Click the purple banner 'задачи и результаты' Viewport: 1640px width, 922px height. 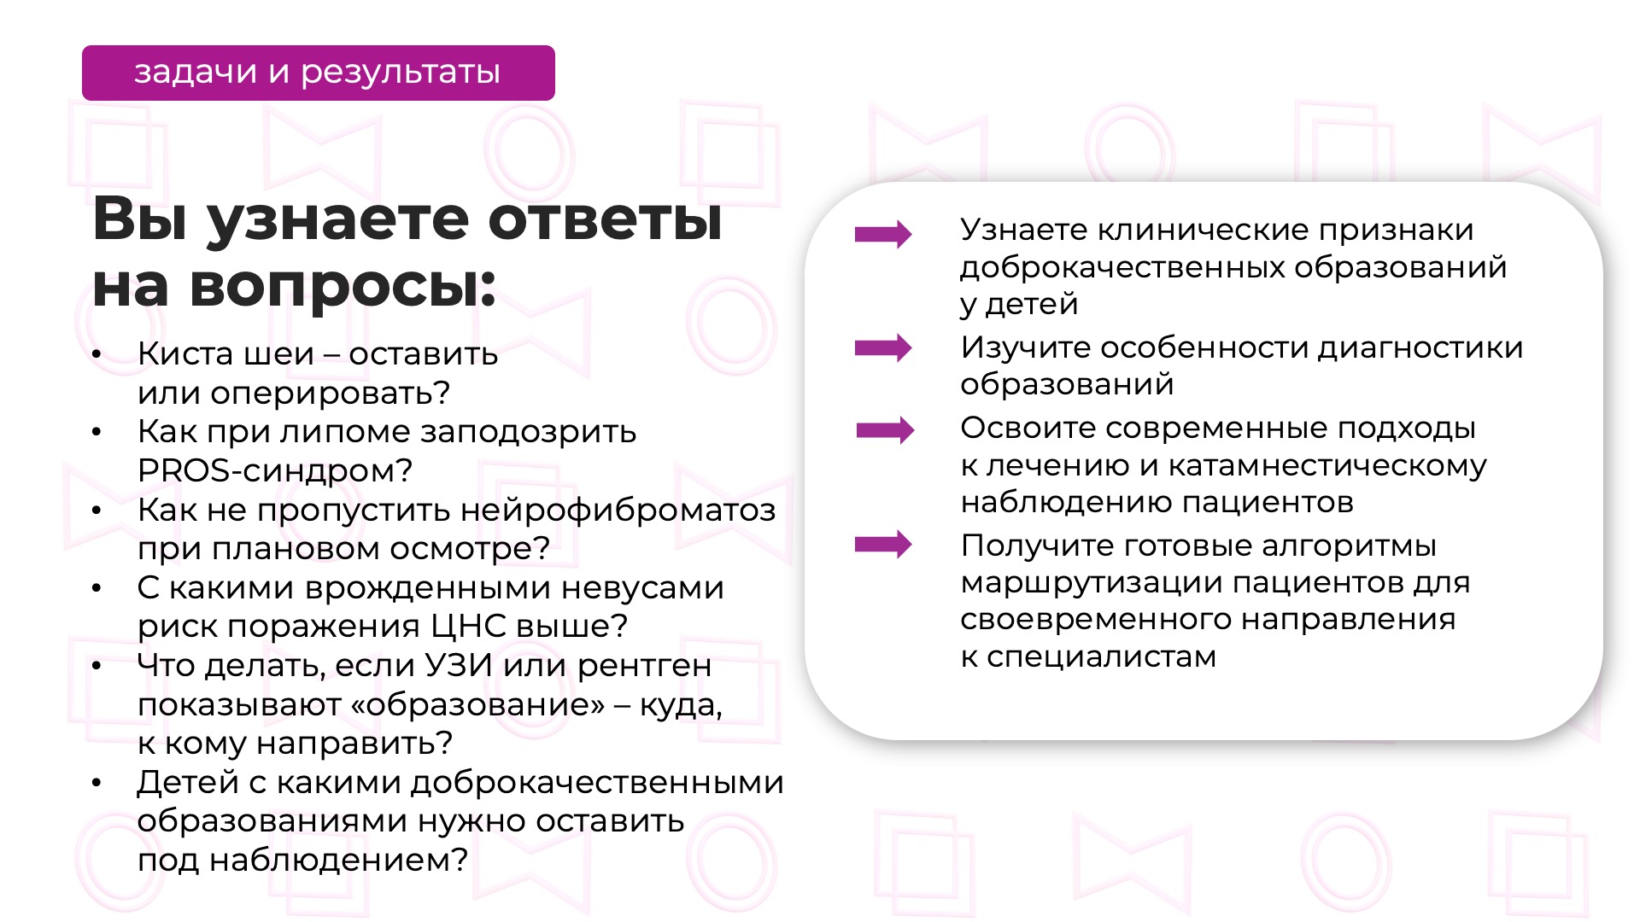coord(318,73)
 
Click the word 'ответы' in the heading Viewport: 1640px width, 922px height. coord(605,219)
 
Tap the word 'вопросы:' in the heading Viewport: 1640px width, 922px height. coord(343,286)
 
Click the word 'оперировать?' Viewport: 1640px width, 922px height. coord(331,393)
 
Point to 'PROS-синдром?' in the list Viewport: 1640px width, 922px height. coord(275,470)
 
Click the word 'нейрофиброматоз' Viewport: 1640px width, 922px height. coord(618,511)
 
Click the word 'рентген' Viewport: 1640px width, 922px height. coord(644,666)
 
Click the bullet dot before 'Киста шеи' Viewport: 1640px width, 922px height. coord(97,354)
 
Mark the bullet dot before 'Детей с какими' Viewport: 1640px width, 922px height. coord(97,783)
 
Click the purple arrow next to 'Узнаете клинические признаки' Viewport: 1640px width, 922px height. coord(883,234)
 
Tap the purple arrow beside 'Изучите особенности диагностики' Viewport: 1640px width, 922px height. coord(883,347)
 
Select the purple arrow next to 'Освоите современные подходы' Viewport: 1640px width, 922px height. coord(885,429)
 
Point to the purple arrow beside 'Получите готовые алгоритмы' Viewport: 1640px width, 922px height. coord(883,544)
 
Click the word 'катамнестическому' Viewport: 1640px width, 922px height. coord(1327,465)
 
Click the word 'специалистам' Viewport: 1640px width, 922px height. coord(1101,657)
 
